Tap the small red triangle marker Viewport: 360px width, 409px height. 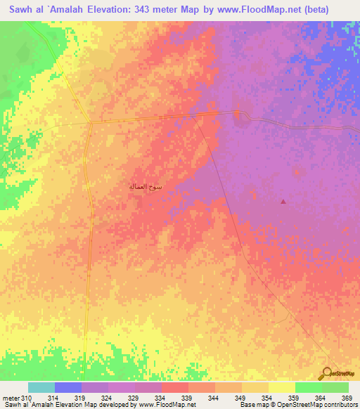(x=283, y=202)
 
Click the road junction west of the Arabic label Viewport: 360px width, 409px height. (x=91, y=122)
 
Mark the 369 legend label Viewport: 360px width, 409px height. (x=346, y=398)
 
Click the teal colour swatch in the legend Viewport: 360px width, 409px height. (x=41, y=387)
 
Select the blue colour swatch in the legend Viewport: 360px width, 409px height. (x=68, y=387)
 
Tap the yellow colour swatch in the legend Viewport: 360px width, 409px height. (x=282, y=387)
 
